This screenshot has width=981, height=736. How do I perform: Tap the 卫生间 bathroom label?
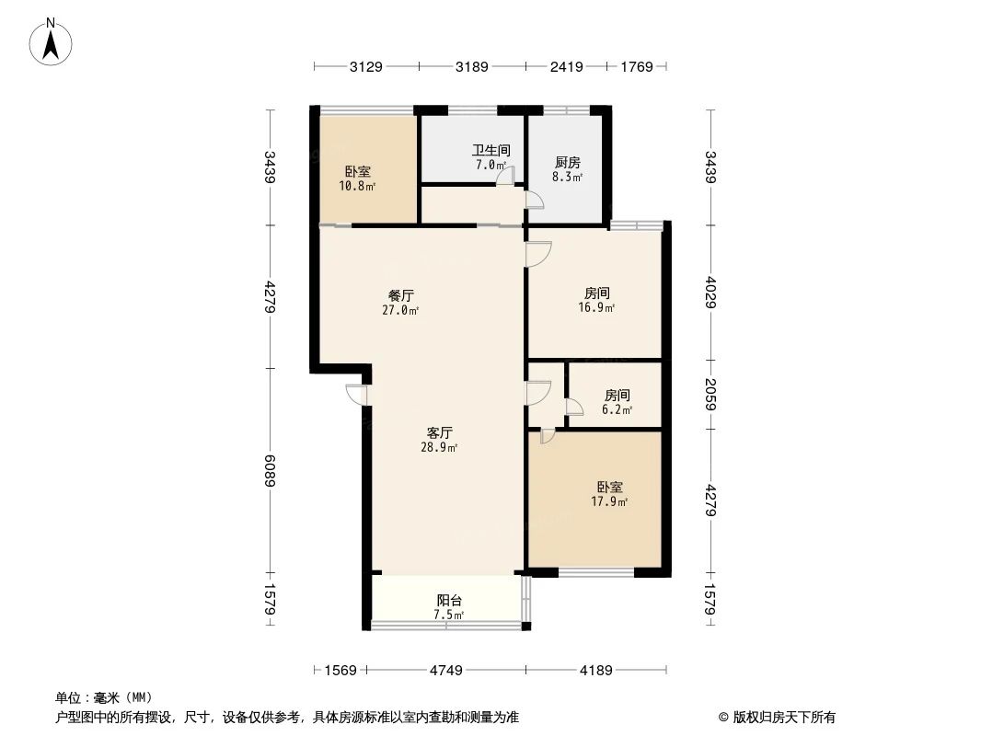pos(491,150)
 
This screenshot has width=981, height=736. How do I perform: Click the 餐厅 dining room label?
pos(401,295)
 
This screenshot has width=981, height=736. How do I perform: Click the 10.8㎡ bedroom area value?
pos(358,186)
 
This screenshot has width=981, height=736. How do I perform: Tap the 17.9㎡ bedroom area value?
pos(609,501)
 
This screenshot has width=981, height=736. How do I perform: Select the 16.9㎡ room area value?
pos(596,308)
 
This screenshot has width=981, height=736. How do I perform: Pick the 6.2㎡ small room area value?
pos(617,409)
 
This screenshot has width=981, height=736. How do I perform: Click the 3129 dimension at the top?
pos(365,66)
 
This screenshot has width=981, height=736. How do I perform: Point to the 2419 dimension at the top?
pos(567,66)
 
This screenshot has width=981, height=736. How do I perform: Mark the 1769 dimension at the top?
pos(636,66)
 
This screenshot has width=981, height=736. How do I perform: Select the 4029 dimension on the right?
pos(710,293)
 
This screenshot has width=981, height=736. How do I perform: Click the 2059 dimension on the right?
pos(710,396)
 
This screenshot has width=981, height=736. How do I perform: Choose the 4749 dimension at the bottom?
pos(445,670)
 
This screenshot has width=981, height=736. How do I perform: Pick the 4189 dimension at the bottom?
pos(595,670)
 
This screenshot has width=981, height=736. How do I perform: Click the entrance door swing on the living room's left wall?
pos(356,394)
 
